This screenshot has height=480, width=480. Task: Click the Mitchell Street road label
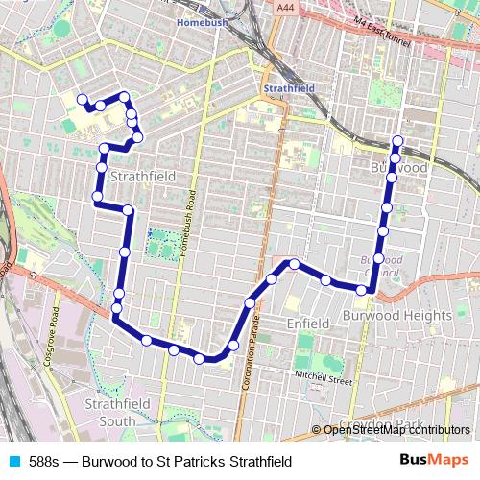coord(324,378)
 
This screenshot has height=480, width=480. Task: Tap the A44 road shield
coord(282,8)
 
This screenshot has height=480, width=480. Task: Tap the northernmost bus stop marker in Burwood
coord(397,142)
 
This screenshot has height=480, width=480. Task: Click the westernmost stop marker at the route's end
coord(82,98)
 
